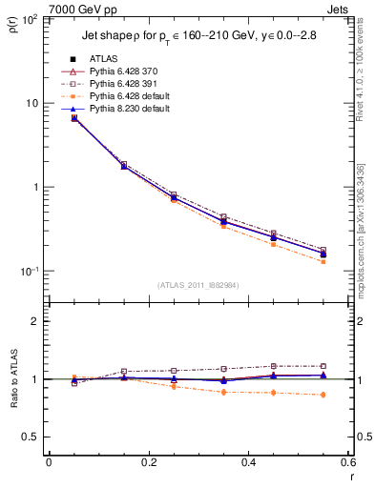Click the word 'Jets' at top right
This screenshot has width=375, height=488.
tap(340, 8)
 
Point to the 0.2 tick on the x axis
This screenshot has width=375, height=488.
tap(148, 464)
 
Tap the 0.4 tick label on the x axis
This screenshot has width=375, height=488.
tap(248, 464)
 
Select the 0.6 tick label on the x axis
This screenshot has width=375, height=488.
tap(347, 464)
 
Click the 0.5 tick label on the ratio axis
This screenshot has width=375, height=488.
tap(32, 437)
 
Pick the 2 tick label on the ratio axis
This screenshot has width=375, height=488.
tap(36, 321)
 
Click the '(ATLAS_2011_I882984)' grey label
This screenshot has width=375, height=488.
tap(198, 285)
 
